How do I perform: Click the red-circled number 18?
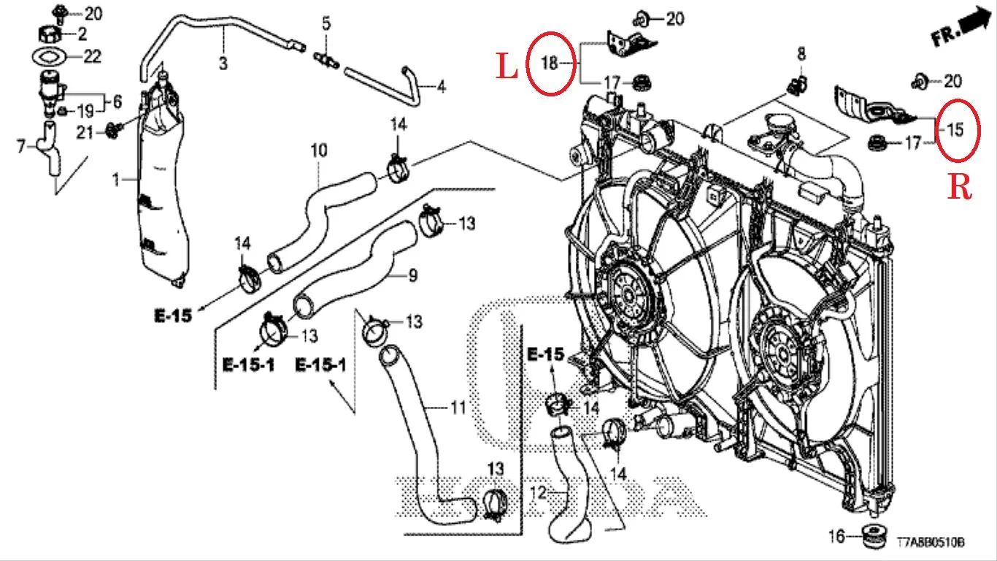[x=550, y=64]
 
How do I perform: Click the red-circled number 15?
[x=955, y=130]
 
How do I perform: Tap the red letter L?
[x=507, y=67]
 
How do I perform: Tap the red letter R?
[x=960, y=187]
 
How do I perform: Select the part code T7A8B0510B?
[x=931, y=542]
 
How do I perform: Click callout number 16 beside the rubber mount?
[x=836, y=536]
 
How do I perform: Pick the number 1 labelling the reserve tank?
[x=116, y=180]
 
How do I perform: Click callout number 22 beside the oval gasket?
[x=92, y=56]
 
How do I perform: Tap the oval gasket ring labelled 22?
[x=50, y=56]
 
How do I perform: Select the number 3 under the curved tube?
[x=223, y=63]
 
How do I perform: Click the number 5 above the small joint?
[x=326, y=23]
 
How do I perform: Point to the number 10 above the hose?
[x=319, y=150]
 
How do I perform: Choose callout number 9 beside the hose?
[x=412, y=276]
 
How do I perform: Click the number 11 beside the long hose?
[x=458, y=408]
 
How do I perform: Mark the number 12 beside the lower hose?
[x=539, y=492]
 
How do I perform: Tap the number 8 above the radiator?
[x=801, y=54]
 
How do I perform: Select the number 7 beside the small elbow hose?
[x=21, y=145]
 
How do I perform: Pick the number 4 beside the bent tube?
[x=441, y=86]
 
